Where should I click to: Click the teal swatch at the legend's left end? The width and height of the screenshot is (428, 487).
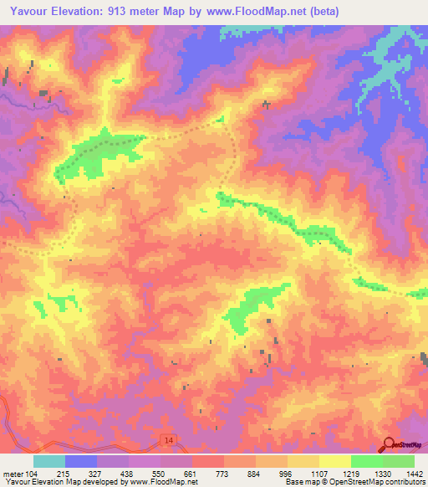pos(49,461)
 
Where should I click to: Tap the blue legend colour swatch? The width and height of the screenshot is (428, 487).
pos(81,461)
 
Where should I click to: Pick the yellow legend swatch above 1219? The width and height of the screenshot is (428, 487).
pos(335,461)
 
